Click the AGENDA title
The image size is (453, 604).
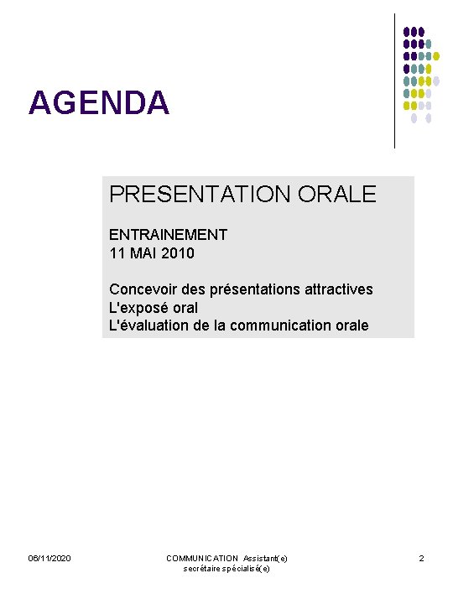[99, 103]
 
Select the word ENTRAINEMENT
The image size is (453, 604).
[168, 235]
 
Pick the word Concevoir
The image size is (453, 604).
[143, 289]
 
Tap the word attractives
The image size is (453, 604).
[339, 289]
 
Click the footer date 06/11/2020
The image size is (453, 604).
[49, 559]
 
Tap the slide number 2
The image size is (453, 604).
[422, 559]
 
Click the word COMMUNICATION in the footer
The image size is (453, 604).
[202, 559]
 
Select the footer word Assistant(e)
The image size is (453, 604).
[266, 559]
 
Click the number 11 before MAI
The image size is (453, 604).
[117, 253]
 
